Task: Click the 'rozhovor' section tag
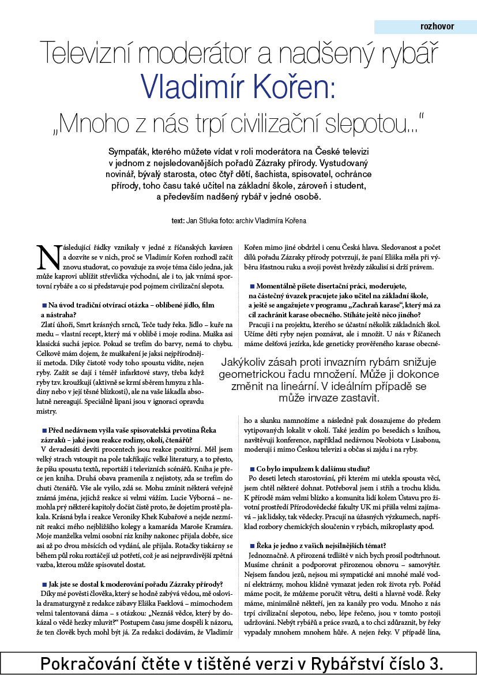437,27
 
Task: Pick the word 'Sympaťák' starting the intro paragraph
130,152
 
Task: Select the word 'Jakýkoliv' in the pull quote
249,362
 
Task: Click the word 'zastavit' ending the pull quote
356,398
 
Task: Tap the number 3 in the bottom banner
438,663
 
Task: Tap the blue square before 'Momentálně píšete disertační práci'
252,286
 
